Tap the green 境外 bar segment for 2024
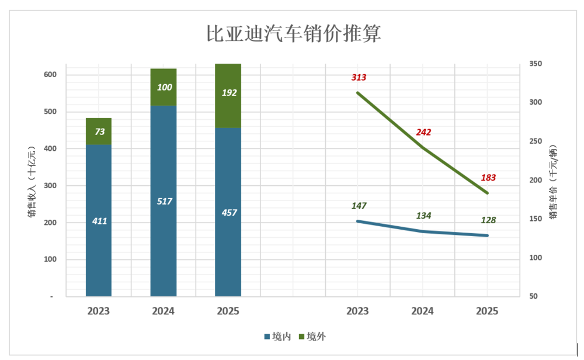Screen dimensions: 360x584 coord(164,87)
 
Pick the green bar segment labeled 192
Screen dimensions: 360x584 coord(228,94)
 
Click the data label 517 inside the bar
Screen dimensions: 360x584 coord(165,201)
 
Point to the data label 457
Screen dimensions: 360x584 coord(229,212)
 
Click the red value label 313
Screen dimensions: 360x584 coord(359,77)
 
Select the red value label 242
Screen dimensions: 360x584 coord(423,132)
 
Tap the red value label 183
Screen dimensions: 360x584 coord(488,178)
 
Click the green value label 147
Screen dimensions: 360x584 coord(359,206)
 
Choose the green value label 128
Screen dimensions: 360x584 coord(488,220)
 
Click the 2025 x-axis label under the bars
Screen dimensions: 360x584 coord(228,312)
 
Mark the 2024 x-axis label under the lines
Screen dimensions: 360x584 coord(423,312)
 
